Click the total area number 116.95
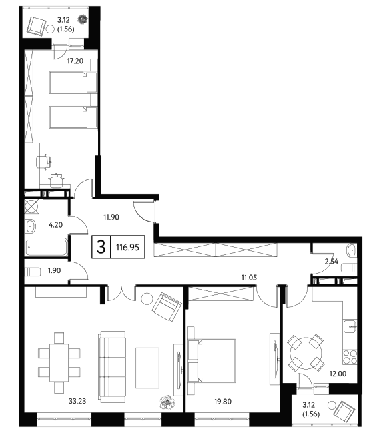(x=127, y=247)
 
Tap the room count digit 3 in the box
(x=101, y=247)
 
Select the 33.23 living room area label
(x=77, y=401)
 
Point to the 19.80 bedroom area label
(x=222, y=402)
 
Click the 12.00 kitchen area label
(x=338, y=374)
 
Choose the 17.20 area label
(x=75, y=61)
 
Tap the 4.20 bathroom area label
(x=55, y=225)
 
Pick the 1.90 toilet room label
(x=54, y=270)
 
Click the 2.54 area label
(x=332, y=262)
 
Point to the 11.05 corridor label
(x=249, y=278)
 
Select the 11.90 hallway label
(x=111, y=217)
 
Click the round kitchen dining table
(x=306, y=354)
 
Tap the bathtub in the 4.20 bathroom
(x=47, y=247)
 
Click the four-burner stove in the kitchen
(x=350, y=357)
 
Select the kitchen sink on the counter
(x=350, y=326)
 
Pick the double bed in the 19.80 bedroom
(x=212, y=360)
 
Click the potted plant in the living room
(x=167, y=402)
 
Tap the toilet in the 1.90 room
(x=33, y=272)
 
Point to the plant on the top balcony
(x=83, y=19)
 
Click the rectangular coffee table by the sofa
(x=147, y=368)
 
